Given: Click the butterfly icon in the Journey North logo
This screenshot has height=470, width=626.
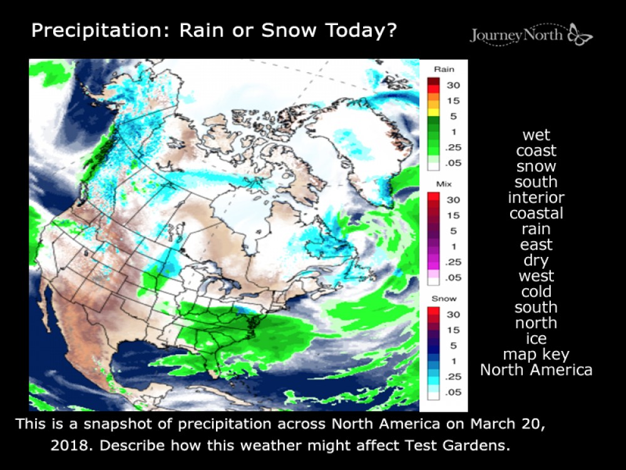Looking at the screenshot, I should [x=580, y=34].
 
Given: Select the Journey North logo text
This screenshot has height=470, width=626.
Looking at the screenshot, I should [x=516, y=35].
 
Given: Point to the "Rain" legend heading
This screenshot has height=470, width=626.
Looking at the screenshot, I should [x=444, y=70].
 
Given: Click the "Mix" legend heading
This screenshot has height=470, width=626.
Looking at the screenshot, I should [x=444, y=184].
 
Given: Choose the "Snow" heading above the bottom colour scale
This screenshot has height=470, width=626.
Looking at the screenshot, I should [x=444, y=299].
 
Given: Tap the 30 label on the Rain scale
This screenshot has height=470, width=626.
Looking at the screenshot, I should [x=453, y=85].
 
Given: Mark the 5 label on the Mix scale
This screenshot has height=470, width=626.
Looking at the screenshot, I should [x=453, y=231].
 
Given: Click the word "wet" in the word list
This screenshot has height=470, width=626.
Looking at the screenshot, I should [x=536, y=135].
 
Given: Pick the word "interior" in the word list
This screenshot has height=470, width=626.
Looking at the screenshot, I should [x=536, y=198].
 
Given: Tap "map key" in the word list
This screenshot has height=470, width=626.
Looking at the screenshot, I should [x=536, y=355].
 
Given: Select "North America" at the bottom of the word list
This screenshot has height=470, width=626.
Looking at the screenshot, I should [x=536, y=370].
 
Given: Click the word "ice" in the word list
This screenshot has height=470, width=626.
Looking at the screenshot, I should [x=536, y=339].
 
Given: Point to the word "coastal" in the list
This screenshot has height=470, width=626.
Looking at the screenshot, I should [x=536, y=214].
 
